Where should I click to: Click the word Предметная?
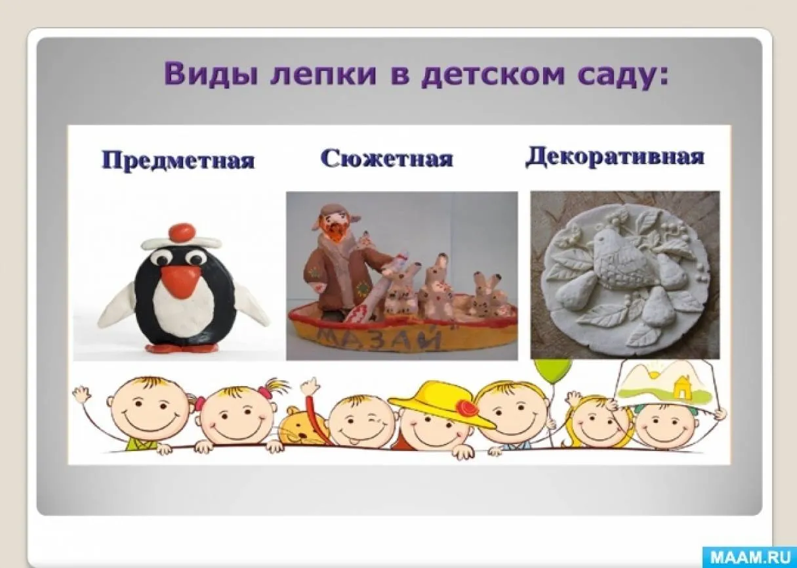tap(178, 160)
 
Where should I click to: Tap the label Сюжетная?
tap(387, 158)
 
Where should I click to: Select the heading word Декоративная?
tap(615, 156)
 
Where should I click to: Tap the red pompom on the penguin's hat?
tap(182, 232)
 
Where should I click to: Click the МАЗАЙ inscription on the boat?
tap(378, 338)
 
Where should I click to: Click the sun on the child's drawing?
tap(654, 374)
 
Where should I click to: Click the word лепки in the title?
tap(323, 75)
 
